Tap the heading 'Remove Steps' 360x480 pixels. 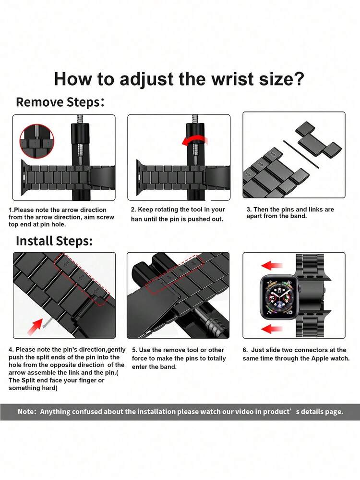tap(58, 102)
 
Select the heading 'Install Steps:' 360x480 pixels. tap(54, 241)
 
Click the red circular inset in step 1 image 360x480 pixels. tap(36, 141)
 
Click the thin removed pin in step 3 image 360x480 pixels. tap(301, 154)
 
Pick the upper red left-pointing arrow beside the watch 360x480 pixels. tap(272, 265)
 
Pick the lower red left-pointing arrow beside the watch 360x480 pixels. tap(272, 330)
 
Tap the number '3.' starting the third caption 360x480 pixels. tap(249, 209)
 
